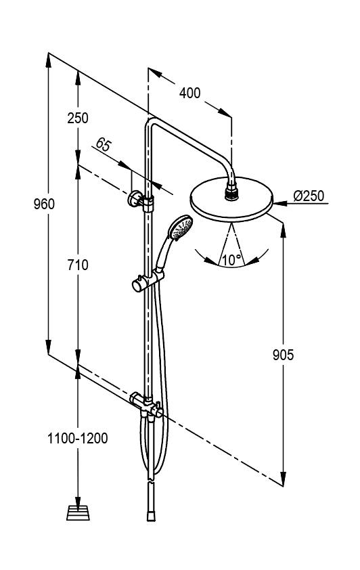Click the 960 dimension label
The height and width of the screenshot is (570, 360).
pos(44,204)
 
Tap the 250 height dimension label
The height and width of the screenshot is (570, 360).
pos(78,118)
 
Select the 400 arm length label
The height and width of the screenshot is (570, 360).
pos(189,93)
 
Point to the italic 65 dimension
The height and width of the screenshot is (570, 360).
pos(103,145)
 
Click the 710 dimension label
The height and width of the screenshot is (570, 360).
pos(78,265)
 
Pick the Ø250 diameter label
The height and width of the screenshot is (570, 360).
pos(309,196)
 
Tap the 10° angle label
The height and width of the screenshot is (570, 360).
pos(231,260)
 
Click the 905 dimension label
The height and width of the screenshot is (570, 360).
pos(283,355)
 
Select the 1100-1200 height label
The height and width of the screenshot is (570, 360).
pos(77,439)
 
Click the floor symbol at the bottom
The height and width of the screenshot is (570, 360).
pos(78,512)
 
